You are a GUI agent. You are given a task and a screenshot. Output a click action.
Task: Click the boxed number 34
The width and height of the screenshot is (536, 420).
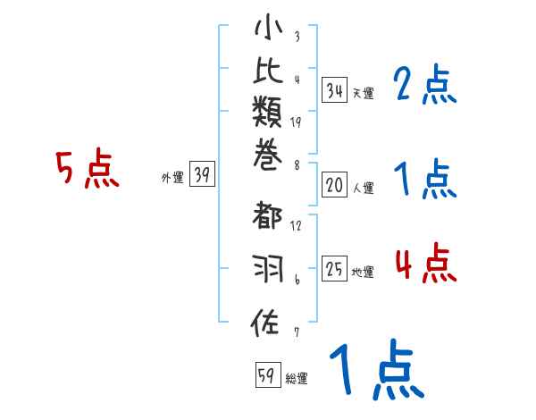(334, 90)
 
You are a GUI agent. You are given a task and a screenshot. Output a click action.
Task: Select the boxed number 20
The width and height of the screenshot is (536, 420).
(334, 185)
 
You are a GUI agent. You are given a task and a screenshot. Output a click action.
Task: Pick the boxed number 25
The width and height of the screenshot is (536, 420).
(334, 269)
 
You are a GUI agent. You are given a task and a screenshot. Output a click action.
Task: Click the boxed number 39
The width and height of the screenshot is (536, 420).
(203, 175)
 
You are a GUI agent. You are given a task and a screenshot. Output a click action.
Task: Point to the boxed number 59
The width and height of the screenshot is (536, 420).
(266, 376)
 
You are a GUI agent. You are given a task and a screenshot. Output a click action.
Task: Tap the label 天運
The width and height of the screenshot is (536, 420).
(363, 93)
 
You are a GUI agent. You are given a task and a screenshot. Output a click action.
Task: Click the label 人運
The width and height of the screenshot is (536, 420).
(363, 188)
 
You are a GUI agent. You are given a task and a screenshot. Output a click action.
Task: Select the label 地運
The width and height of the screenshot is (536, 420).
(363, 272)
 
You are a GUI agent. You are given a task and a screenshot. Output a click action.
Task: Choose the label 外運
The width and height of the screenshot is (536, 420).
(172, 178)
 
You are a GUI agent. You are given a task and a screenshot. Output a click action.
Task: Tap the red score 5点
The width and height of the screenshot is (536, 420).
(87, 169)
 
